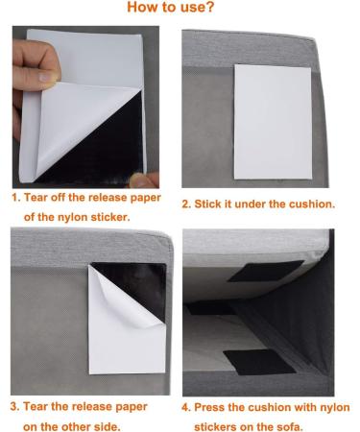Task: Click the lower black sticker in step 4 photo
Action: coord(255,361)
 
